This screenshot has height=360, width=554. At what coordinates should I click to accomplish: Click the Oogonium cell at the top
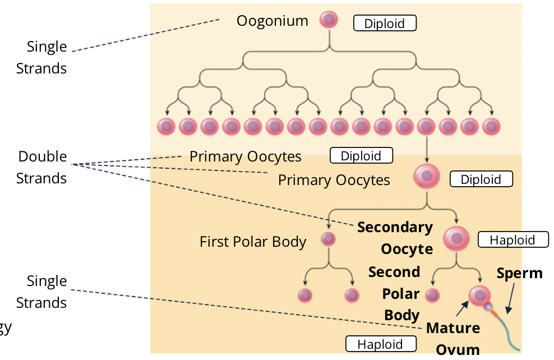(329, 20)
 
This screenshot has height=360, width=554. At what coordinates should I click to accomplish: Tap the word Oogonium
(272, 21)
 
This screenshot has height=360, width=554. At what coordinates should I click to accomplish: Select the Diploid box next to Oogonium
(385, 24)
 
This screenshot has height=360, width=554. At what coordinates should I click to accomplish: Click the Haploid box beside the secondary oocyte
(513, 240)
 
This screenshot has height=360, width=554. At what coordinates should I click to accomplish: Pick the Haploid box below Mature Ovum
(380, 344)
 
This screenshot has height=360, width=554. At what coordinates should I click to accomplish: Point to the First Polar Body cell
(328, 239)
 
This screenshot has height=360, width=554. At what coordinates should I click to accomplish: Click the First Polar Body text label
(253, 242)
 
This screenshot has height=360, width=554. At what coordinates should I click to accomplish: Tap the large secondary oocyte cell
(456, 238)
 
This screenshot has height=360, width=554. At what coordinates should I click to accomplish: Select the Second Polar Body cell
(432, 295)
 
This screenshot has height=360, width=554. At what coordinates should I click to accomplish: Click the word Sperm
(519, 273)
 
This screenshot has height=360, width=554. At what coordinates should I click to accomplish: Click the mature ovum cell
(479, 295)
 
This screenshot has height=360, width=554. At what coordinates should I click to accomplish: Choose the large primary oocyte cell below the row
(427, 177)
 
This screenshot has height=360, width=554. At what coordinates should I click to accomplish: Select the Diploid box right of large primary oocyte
(481, 179)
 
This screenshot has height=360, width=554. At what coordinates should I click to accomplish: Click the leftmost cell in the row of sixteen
(167, 127)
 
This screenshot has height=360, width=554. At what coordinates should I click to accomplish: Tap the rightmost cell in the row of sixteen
(491, 127)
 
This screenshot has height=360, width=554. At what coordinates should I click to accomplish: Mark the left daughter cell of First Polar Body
(304, 295)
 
